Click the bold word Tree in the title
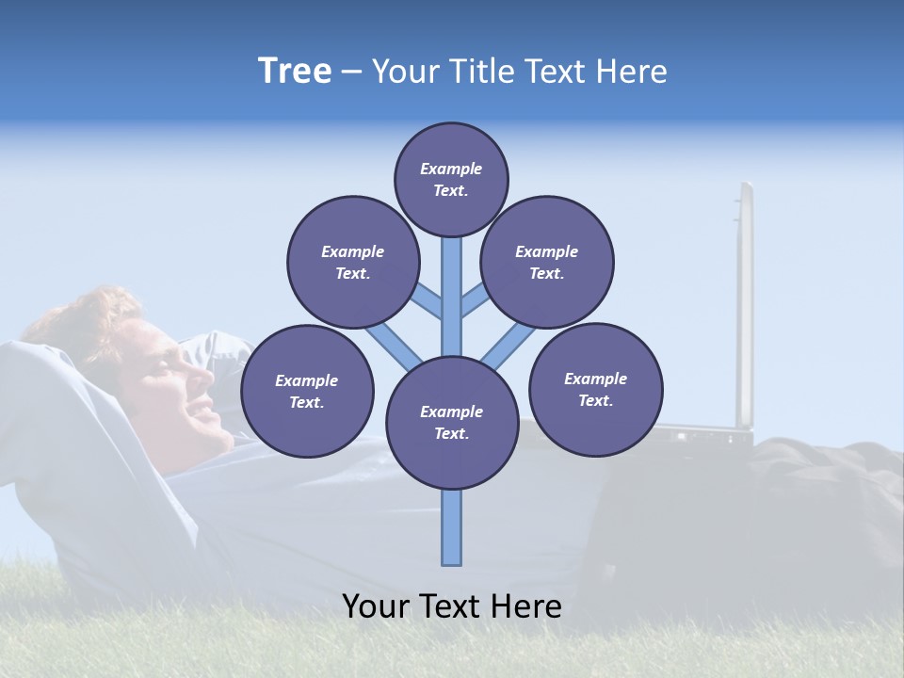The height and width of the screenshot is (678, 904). point(295,72)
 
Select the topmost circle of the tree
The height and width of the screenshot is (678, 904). point(451,179)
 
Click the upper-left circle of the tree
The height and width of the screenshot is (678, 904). point(353,262)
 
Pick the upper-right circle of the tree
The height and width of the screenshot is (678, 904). point(547,262)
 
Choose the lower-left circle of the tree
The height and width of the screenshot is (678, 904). point(307,391)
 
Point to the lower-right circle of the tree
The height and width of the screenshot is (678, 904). point(595,388)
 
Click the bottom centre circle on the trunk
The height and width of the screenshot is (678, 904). point(451,422)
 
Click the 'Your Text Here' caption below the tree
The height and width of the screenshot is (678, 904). point(451,606)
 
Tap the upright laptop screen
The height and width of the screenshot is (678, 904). point(746,301)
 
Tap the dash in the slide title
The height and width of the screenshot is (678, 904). point(351,73)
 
